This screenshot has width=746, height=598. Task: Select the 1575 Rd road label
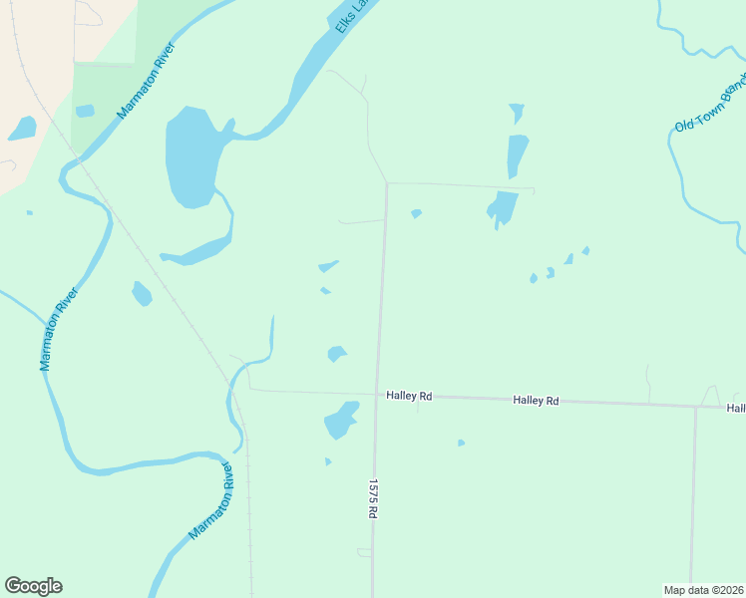tap(372, 497)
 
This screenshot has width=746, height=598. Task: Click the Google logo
tap(33, 586)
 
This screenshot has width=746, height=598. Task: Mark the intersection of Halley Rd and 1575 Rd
tap(377, 395)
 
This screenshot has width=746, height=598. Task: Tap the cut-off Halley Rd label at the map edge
tap(736, 408)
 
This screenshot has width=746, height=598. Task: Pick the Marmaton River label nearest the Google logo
tap(211, 501)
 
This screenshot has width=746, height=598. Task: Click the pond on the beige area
tap(22, 128)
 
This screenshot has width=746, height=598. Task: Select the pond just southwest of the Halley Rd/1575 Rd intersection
tap(341, 420)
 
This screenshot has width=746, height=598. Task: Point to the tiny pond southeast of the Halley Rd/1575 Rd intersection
tap(461, 443)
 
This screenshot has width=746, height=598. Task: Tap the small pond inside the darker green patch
tap(85, 111)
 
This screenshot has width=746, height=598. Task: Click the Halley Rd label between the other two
tap(536, 400)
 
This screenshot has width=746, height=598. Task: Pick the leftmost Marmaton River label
tap(59, 330)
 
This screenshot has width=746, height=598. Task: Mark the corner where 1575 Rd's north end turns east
tap(387, 183)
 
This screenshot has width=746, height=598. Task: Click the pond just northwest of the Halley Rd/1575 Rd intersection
tap(337, 354)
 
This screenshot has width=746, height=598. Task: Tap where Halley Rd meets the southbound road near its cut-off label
tap(695, 406)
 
